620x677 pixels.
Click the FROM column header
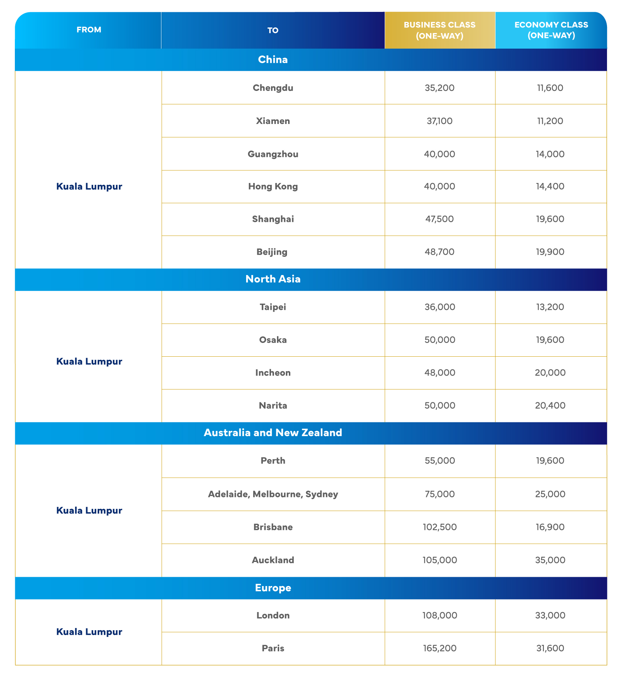pyautogui.click(x=89, y=30)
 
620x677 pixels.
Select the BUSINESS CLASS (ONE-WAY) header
pyautogui.click(x=440, y=30)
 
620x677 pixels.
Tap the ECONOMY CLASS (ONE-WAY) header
pyautogui.click(x=551, y=30)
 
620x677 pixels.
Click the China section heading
pyautogui.click(x=273, y=60)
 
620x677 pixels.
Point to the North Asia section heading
pyautogui.click(x=273, y=279)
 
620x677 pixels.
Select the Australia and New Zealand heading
pyautogui.click(x=273, y=433)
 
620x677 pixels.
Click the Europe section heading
pyautogui.click(x=273, y=588)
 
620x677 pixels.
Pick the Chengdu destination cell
pyautogui.click(x=273, y=88)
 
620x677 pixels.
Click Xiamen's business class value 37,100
pyautogui.click(x=440, y=121)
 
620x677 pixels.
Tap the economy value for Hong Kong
pyautogui.click(x=551, y=186)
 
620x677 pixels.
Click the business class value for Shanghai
pyautogui.click(x=440, y=219)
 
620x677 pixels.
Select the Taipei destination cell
pyautogui.click(x=273, y=307)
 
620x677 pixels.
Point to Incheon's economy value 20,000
pyautogui.click(x=550, y=373)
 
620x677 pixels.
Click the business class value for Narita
pyautogui.click(x=440, y=405)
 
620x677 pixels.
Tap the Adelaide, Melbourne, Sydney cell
pyautogui.click(x=273, y=494)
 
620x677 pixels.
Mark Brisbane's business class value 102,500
pyautogui.click(x=440, y=527)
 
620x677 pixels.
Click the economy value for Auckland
pyautogui.click(x=550, y=560)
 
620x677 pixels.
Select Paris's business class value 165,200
pyautogui.click(x=440, y=648)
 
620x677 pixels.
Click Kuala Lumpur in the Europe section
pyautogui.click(x=89, y=632)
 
